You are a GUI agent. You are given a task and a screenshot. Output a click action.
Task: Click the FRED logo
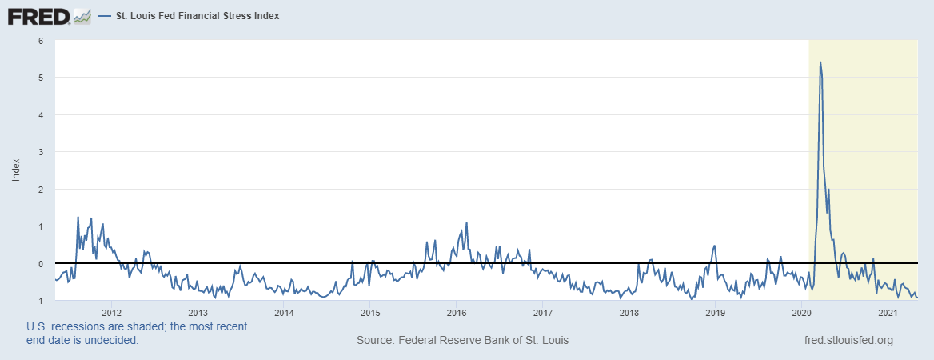pyautogui.click(x=38, y=15)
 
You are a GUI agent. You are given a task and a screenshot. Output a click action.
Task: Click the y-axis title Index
pyautogui.click(x=16, y=170)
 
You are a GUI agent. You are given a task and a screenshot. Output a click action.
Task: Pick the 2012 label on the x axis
pyautogui.click(x=111, y=312)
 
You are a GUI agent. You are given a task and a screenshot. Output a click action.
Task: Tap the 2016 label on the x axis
pyautogui.click(x=456, y=312)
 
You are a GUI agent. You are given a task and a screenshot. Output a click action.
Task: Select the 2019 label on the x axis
pyautogui.click(x=715, y=312)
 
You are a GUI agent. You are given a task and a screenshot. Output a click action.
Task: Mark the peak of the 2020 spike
pyautogui.click(x=820, y=62)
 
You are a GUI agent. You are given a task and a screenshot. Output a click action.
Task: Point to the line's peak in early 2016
pyautogui.click(x=466, y=222)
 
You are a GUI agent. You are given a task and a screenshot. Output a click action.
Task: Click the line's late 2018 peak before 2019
pyautogui.click(x=714, y=246)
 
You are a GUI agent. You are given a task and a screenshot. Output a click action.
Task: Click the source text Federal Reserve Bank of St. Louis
pyautogui.click(x=462, y=340)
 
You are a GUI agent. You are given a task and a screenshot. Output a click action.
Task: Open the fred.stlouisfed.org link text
pyautogui.click(x=847, y=340)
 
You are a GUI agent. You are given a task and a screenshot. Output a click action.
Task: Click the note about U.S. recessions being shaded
pyautogui.click(x=137, y=333)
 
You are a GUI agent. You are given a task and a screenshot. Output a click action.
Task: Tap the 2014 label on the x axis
pyautogui.click(x=284, y=312)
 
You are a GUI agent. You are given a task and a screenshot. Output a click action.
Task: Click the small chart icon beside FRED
pyautogui.click(x=82, y=15)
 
